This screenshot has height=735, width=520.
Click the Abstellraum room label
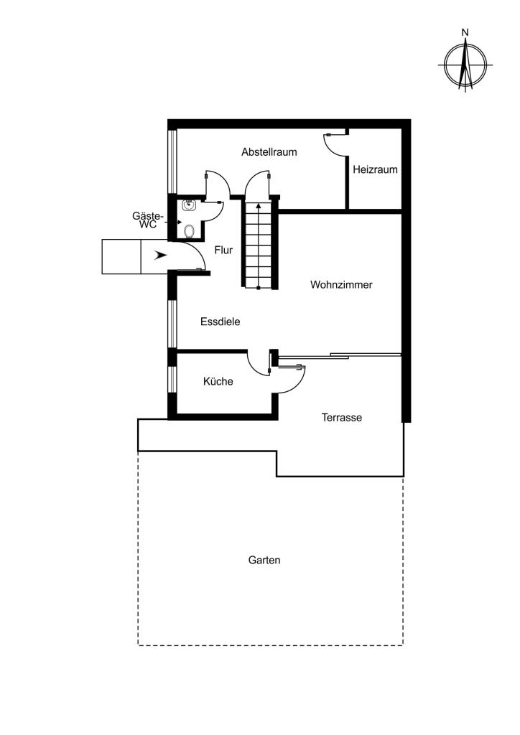pyautogui.click(x=269, y=152)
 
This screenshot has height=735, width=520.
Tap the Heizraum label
pyautogui.click(x=375, y=169)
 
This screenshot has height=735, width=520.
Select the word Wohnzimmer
pyautogui.click(x=341, y=284)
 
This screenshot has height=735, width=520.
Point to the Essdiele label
pyautogui.click(x=220, y=322)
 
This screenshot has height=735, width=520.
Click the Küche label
pyautogui.click(x=218, y=382)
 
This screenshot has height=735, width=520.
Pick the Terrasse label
pyautogui.click(x=342, y=418)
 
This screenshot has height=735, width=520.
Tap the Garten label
pyautogui.click(x=264, y=560)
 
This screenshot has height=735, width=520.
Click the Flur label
pyautogui.click(x=223, y=251)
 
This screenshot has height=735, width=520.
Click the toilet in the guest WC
pyautogui.click(x=189, y=231)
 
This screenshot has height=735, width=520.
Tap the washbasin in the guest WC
pyautogui.click(x=188, y=205)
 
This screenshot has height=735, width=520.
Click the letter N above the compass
pyautogui.click(x=465, y=33)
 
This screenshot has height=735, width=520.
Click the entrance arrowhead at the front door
pyautogui.click(x=160, y=256)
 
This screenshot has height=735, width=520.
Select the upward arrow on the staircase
pyautogui.click(x=259, y=245)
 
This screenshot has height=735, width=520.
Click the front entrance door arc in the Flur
pyautogui.click(x=196, y=250)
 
